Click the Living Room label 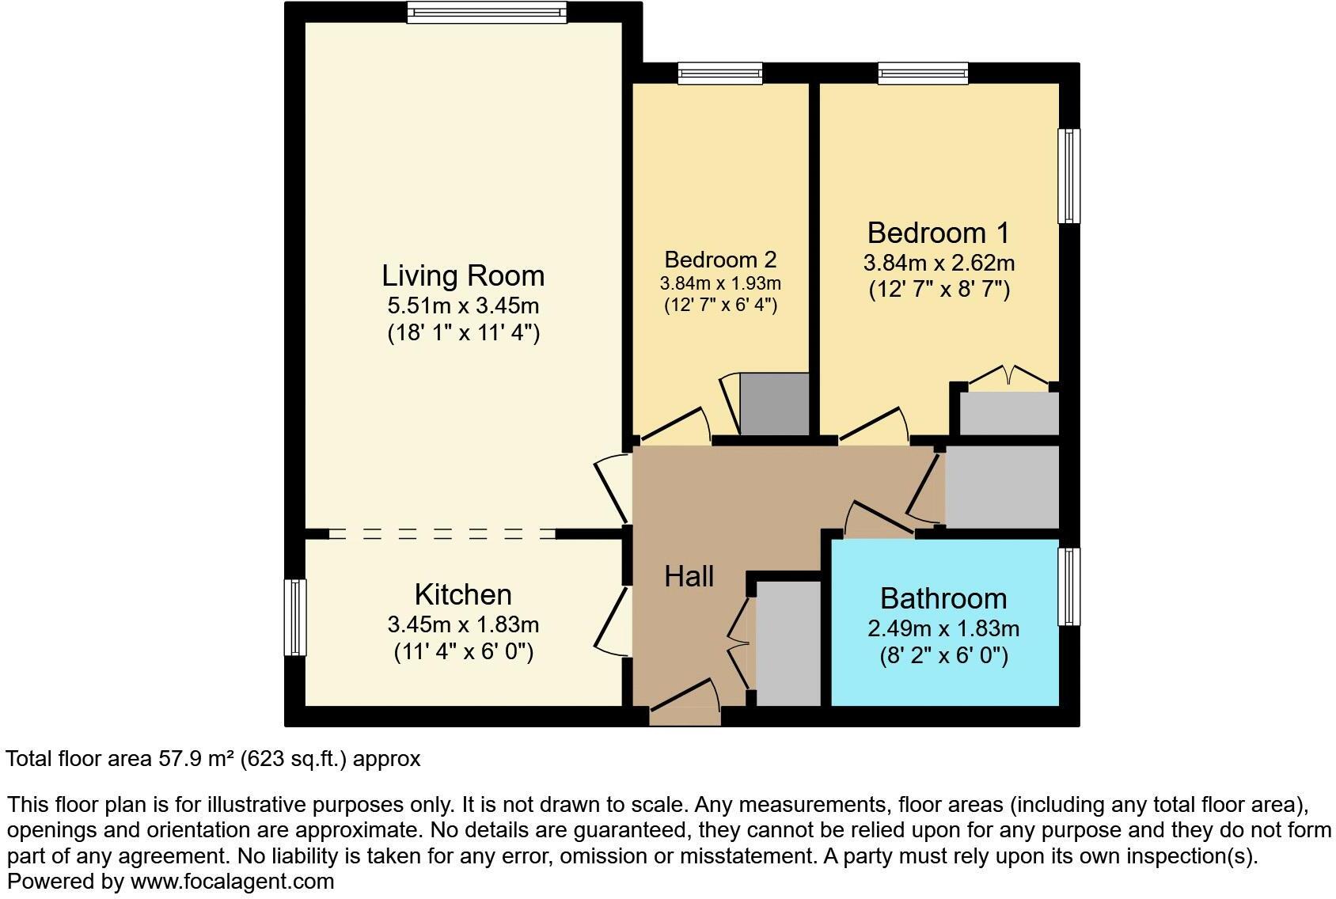click(x=463, y=276)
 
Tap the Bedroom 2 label click(x=720, y=260)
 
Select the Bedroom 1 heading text click(x=939, y=233)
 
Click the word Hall click(x=689, y=577)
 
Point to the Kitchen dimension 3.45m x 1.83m click(x=463, y=625)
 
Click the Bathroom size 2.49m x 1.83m click(x=943, y=629)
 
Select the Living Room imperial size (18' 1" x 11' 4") click(x=463, y=332)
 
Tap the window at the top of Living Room click(x=488, y=12)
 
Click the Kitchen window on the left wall click(x=294, y=617)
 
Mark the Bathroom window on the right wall click(x=1068, y=586)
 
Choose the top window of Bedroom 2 click(x=720, y=74)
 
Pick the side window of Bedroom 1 click(x=1068, y=176)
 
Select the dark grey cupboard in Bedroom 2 click(x=774, y=404)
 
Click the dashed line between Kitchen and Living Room click(x=442, y=534)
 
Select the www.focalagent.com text click(x=232, y=881)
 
